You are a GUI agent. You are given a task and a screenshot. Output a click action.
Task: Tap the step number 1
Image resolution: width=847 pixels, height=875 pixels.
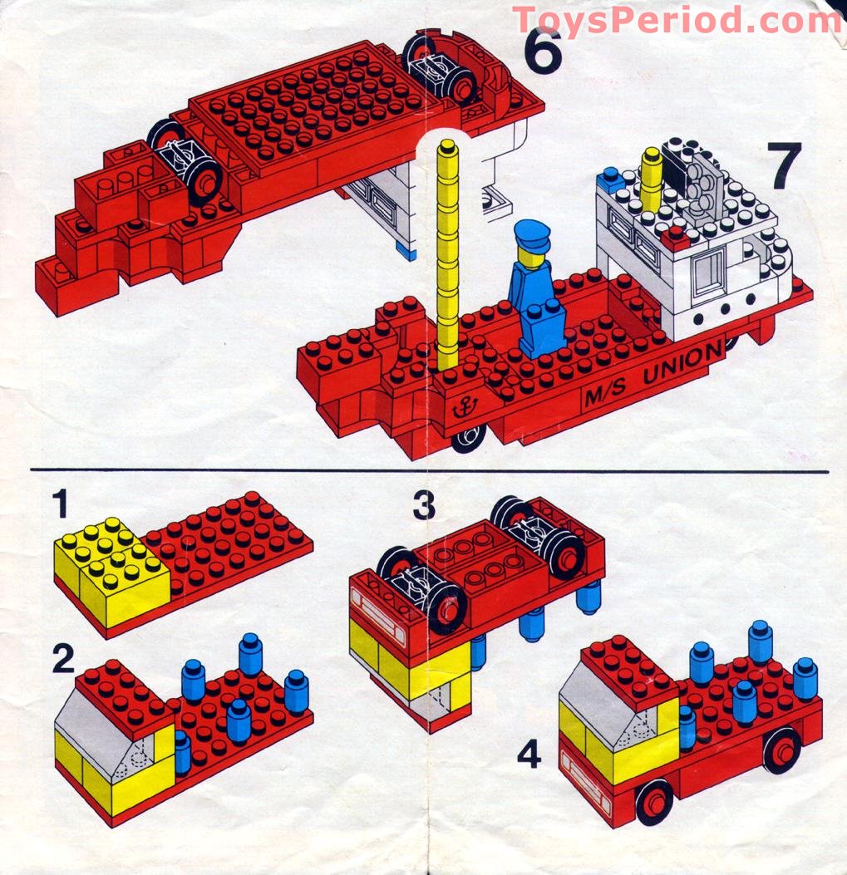pos(59,504)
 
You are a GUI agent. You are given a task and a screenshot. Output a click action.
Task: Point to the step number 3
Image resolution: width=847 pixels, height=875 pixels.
pos(425,505)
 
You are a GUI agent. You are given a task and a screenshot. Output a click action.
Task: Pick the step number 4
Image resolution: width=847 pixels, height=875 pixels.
pos(530,755)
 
